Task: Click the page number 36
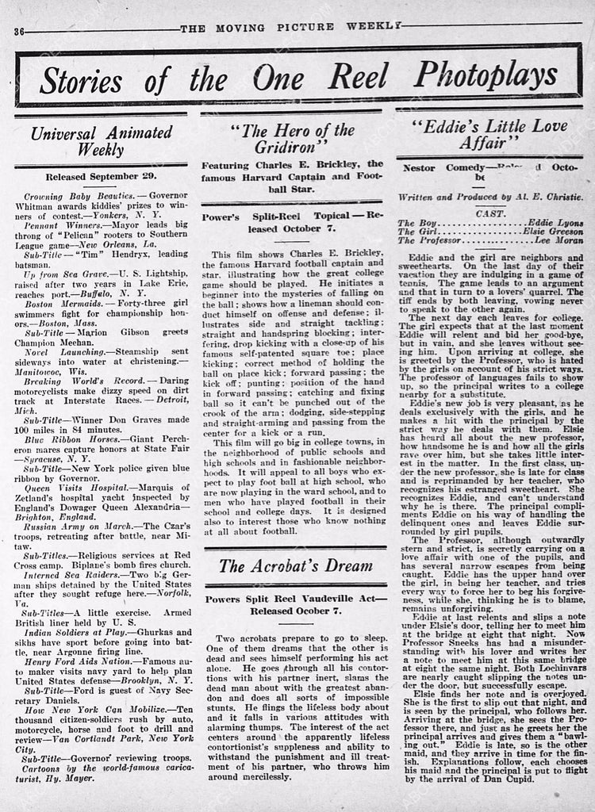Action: pos(21,30)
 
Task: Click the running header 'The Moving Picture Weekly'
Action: pos(290,30)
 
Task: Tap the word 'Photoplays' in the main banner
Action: pos(485,76)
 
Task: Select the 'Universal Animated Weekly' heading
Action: pos(100,139)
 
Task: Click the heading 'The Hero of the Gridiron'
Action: pos(291,138)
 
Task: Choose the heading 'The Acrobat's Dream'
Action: pos(295,566)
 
